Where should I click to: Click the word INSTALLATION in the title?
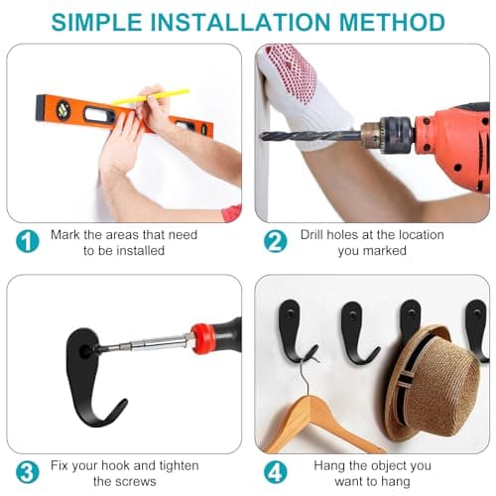[x=241, y=22]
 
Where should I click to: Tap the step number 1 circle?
[x=28, y=242]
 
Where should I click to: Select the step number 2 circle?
[x=276, y=242]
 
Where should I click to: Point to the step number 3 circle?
[x=28, y=472]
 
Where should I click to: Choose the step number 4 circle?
[x=276, y=472]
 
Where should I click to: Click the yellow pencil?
[x=151, y=96]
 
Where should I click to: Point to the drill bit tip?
[x=261, y=136]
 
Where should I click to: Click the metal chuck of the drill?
[x=387, y=134]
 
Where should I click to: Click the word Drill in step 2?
[x=311, y=235]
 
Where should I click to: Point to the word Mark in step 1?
[x=65, y=235]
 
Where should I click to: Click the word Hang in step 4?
[x=329, y=466]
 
